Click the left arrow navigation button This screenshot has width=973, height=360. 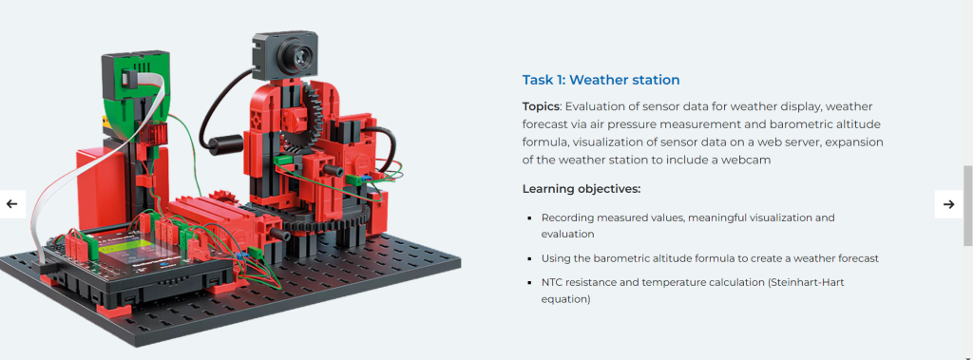[x=12, y=203]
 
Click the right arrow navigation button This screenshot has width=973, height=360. [x=948, y=203]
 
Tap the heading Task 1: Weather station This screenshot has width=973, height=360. [x=601, y=80]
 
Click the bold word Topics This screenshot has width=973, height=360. [x=541, y=106]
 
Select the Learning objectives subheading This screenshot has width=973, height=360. [x=582, y=189]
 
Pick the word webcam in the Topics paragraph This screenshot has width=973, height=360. [x=750, y=161]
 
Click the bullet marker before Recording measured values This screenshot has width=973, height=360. [x=529, y=218]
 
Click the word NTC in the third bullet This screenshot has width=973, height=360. [x=552, y=282]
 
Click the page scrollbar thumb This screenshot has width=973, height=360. [x=967, y=206]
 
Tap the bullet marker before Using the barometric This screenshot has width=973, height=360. [x=529, y=258]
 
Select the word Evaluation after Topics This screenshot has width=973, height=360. [x=593, y=106]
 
